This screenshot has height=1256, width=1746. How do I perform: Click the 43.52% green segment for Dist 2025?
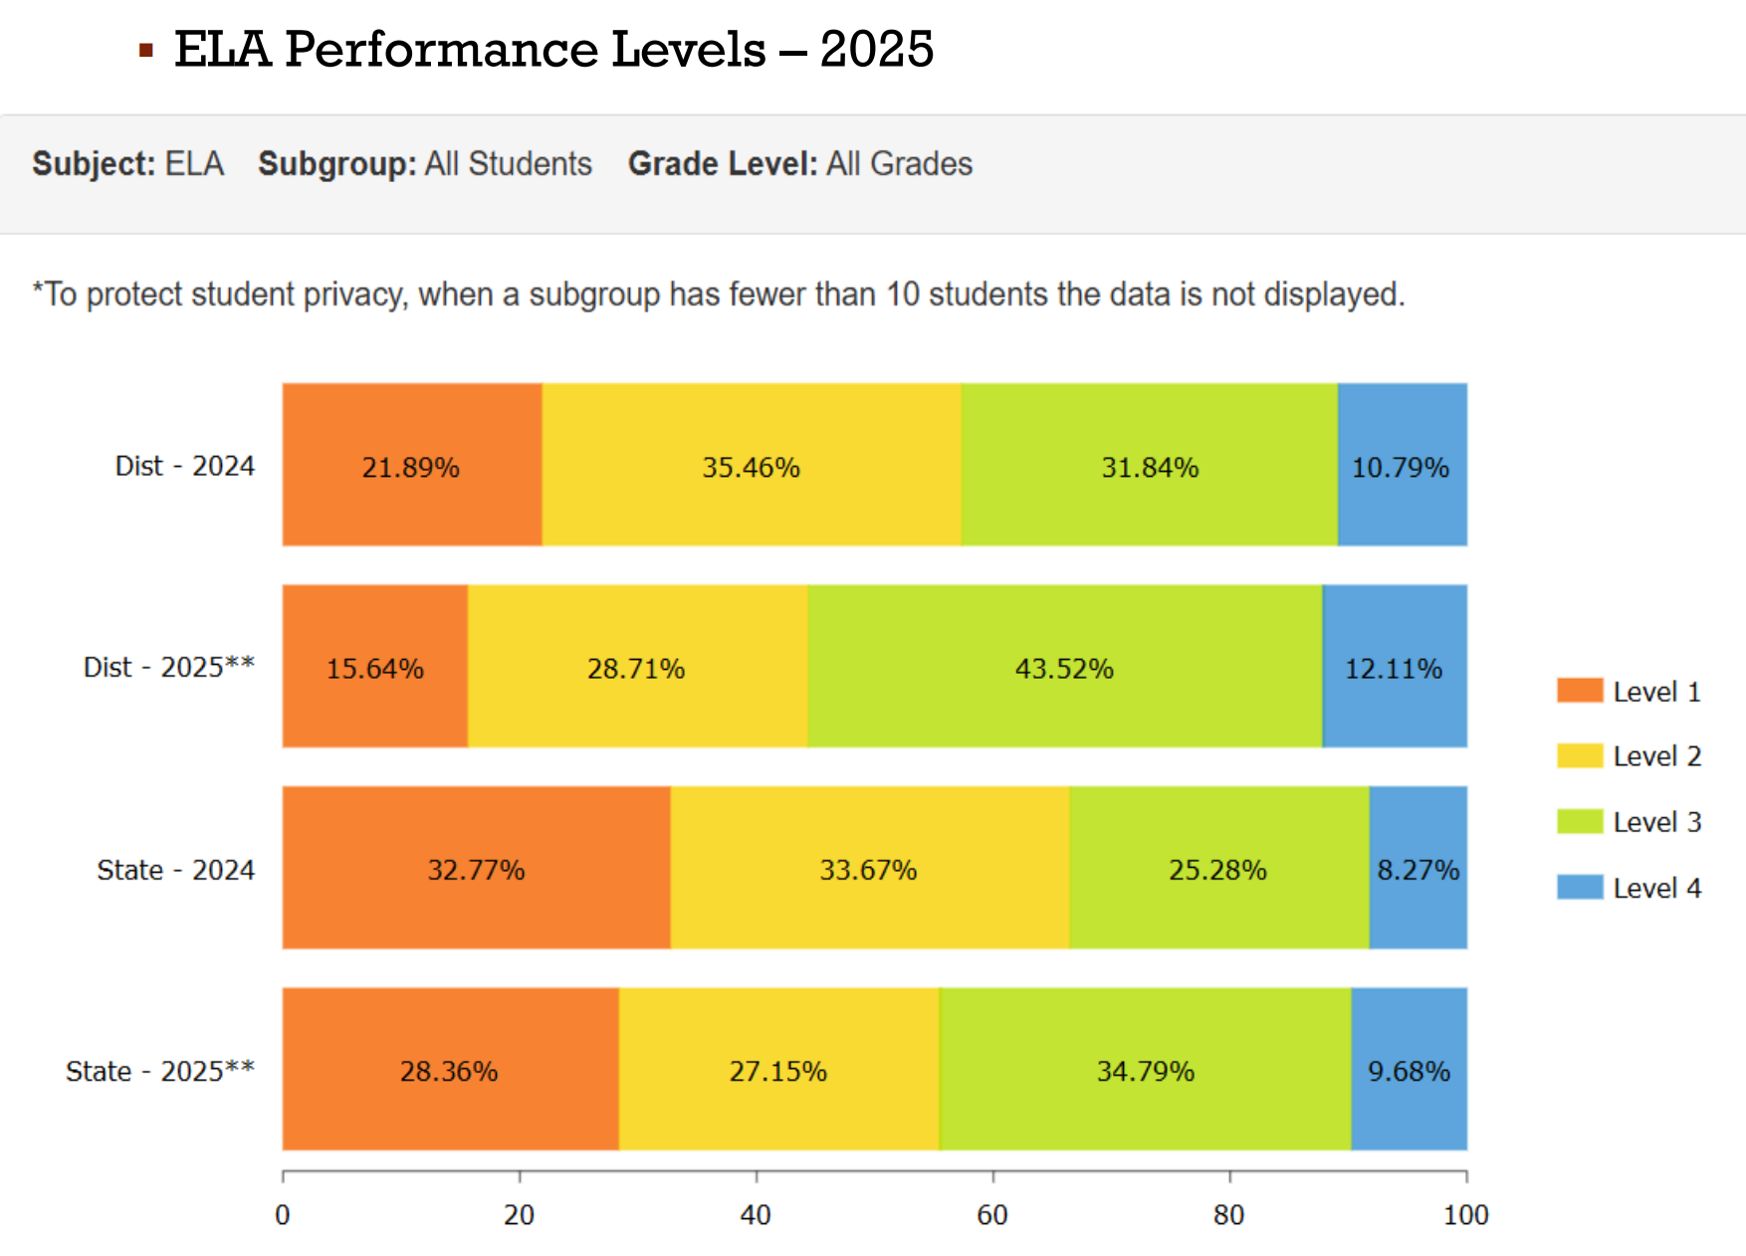pos(1064,667)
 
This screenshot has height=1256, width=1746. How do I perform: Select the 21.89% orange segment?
pos(411,465)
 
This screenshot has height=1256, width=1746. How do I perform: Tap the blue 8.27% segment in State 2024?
pos(1418,868)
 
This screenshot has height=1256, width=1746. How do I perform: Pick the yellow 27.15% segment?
pos(777,1070)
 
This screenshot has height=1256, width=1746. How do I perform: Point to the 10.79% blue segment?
pos(1401,465)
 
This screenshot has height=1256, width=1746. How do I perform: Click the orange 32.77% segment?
pos(476,868)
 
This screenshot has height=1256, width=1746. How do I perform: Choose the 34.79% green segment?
pos(1145,1070)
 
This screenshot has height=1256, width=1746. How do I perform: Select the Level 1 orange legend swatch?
pos(1580,691)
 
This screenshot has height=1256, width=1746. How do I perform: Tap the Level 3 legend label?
pos(1656,822)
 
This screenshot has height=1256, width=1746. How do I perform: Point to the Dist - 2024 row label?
pos(185,466)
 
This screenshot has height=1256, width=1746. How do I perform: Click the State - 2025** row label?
pos(160,1071)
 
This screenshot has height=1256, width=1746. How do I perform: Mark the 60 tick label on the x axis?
pos(992,1215)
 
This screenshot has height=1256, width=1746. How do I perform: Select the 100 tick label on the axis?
pos(1466,1215)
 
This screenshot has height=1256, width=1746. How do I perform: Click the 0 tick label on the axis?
pos(283,1215)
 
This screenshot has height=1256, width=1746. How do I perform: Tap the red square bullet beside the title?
pos(146,50)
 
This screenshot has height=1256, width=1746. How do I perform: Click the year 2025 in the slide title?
pos(877,50)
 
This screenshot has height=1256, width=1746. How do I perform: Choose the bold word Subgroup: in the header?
pos(337,163)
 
